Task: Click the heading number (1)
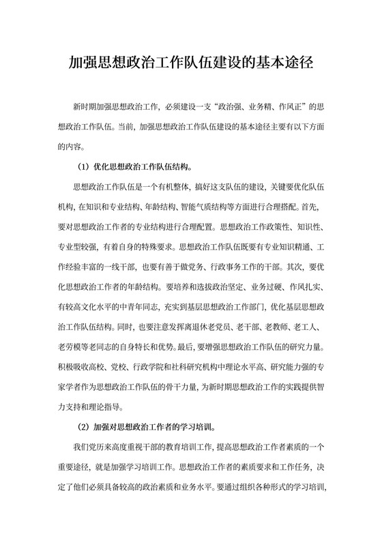pos(80,166)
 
